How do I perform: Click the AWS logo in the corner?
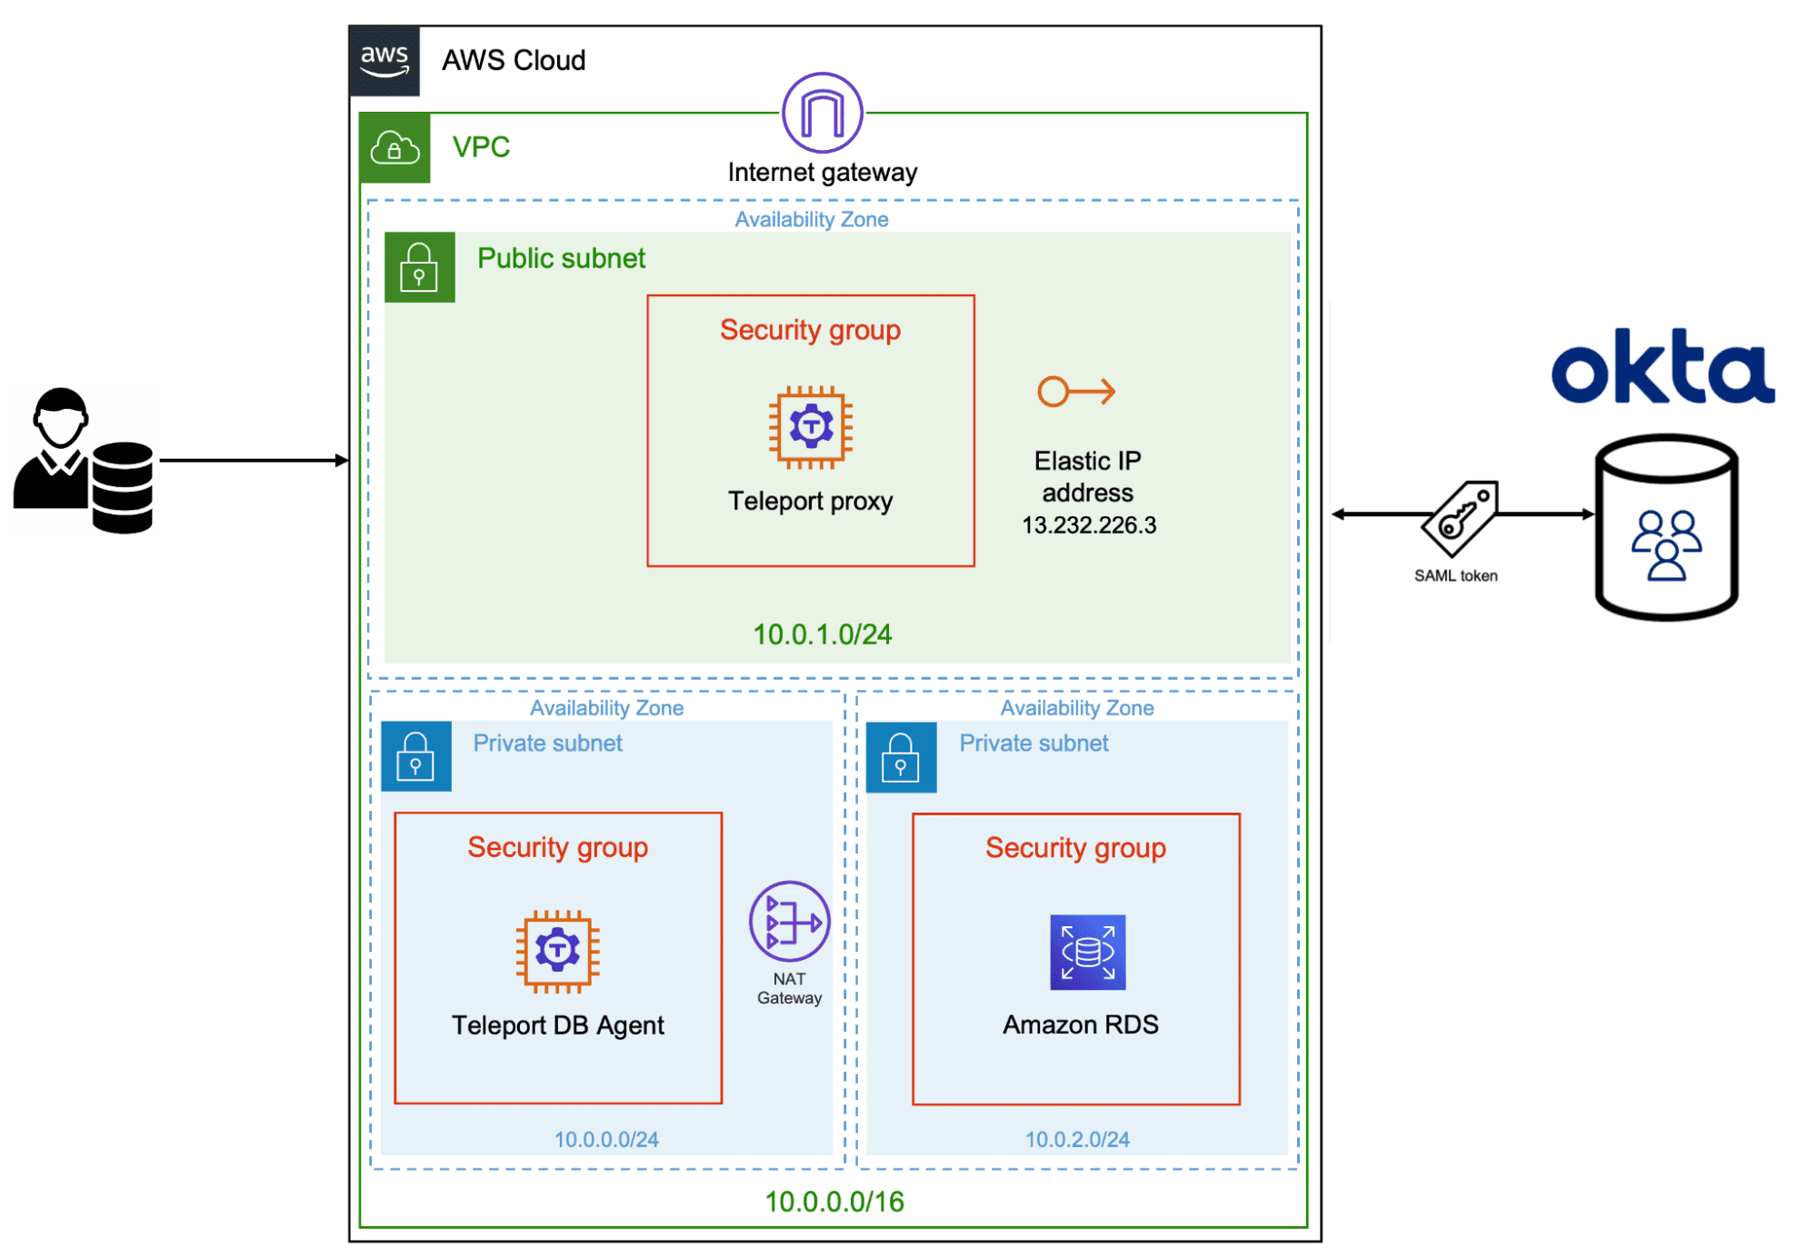[x=384, y=61]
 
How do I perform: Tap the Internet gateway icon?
[x=822, y=113]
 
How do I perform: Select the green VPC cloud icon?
[x=394, y=148]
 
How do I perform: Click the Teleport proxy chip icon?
[x=810, y=426]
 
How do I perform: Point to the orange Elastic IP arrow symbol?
[x=1076, y=392]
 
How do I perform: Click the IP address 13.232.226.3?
[x=1088, y=525]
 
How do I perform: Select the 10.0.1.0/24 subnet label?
[x=822, y=634]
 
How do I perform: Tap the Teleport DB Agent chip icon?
[x=557, y=951]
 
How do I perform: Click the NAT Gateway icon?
[x=789, y=922]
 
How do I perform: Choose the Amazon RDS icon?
[x=1087, y=952]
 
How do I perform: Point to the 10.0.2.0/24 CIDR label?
[x=1077, y=1139]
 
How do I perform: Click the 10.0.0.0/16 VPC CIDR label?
[x=834, y=1202]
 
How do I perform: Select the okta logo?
[x=1662, y=367]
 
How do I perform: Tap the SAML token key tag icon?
[x=1460, y=517]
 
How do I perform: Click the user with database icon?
[x=84, y=462]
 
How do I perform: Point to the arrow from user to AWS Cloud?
[x=254, y=461]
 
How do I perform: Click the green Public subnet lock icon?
[x=419, y=267]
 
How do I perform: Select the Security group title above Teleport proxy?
[x=810, y=330]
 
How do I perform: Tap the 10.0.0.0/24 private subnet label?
[x=606, y=1139]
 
